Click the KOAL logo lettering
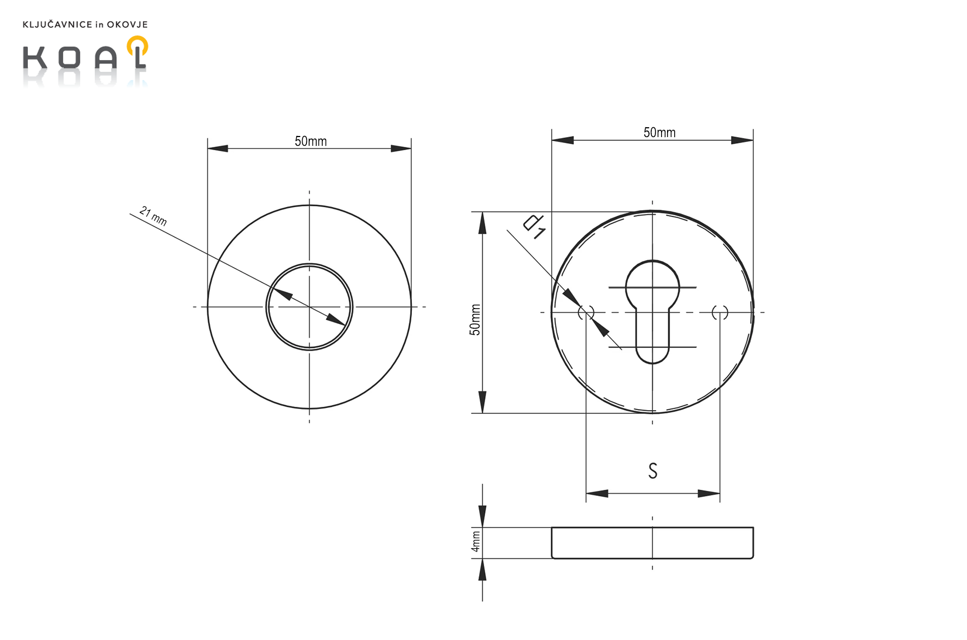click(85, 57)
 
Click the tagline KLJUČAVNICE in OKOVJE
click(85, 25)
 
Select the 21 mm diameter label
click(153, 216)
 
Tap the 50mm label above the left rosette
click(311, 141)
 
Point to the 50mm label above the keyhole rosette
click(659, 133)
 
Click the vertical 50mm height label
click(475, 319)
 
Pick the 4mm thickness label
click(476, 541)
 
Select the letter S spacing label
click(653, 471)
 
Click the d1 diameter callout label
click(534, 226)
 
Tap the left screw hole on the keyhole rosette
click(586, 312)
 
